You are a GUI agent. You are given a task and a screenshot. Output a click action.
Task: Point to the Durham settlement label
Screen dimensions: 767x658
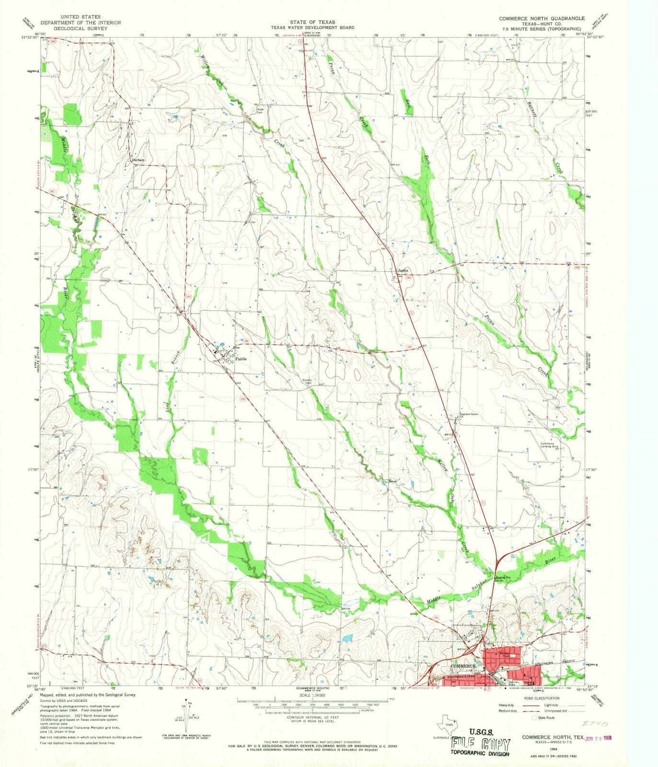pos(138,161)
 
